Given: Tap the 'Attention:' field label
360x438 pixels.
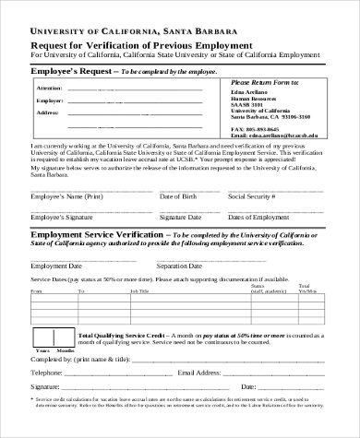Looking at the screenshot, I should tap(50, 88).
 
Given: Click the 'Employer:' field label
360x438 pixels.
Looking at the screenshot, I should tap(50, 100).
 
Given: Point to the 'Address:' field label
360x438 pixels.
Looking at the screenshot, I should tap(49, 112).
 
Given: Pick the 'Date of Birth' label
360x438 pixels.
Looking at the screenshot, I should tap(178, 197).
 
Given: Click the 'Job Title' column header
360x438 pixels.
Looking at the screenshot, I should tap(138, 290).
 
